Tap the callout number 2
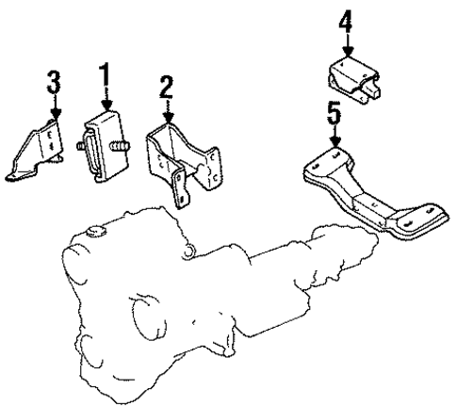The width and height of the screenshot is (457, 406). (x=167, y=89)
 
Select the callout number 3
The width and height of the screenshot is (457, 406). (x=55, y=82)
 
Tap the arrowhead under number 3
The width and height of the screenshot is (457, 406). (x=55, y=114)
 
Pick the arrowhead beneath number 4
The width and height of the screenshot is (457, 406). (x=347, y=54)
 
